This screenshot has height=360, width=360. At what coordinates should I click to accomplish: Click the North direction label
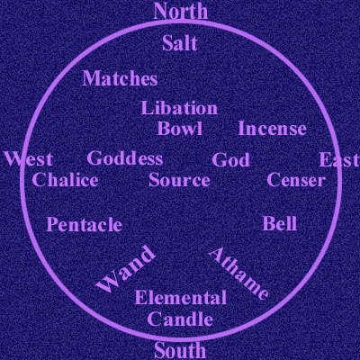181,12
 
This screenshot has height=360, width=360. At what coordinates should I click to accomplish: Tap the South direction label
180,350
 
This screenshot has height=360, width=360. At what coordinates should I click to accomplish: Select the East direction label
339,159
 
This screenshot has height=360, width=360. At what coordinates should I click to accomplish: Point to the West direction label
29,159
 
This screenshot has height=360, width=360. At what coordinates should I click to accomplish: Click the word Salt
180,43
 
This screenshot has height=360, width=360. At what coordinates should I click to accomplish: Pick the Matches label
120,78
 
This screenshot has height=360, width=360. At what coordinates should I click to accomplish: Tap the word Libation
179,108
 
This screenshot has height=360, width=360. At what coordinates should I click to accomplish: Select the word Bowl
180,129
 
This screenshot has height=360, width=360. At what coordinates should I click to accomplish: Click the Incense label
272,129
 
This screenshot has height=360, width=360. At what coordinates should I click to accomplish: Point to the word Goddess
125,158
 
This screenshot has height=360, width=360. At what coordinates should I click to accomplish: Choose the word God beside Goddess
230,159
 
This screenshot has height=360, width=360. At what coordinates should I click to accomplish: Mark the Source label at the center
179,180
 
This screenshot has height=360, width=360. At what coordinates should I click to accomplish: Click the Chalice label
65,180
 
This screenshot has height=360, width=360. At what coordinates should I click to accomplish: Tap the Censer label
296,180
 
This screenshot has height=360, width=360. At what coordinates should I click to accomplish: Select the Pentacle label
85,224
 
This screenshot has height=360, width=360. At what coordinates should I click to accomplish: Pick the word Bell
280,223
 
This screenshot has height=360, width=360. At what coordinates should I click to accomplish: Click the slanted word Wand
126,269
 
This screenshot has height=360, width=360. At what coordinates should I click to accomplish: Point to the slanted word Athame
238,274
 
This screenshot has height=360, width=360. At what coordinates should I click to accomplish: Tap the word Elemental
181,298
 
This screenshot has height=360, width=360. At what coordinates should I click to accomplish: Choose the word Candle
180,319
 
